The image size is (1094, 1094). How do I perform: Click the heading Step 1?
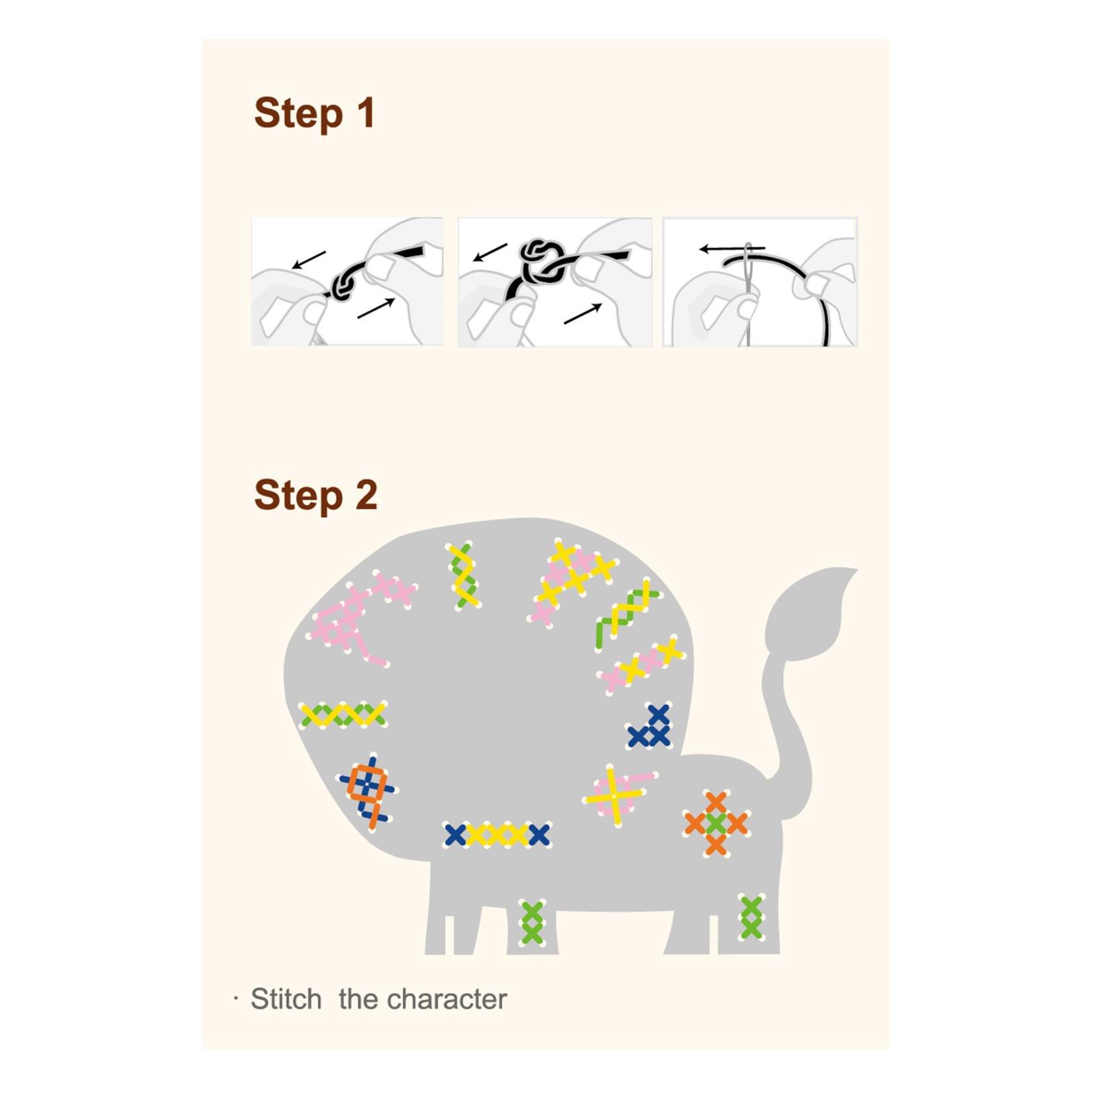tap(315, 113)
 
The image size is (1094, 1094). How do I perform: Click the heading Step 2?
tap(315, 495)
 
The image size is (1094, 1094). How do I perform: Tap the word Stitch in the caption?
tap(286, 999)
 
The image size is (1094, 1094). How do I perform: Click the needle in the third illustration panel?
tap(747, 294)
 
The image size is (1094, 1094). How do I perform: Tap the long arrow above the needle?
tap(732, 249)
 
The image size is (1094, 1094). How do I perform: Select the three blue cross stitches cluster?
tap(650, 727)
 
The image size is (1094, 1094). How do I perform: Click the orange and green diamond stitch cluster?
tap(716, 823)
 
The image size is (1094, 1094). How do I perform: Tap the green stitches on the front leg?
tap(532, 923)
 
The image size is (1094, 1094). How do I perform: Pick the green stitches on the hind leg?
tap(751, 918)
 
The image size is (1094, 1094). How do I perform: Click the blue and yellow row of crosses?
tap(497, 835)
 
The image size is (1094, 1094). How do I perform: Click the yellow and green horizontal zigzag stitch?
tap(343, 715)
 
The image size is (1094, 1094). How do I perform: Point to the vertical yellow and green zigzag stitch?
tap(464, 575)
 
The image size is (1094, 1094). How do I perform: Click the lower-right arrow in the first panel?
tap(376, 308)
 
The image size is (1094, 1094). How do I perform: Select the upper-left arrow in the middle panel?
tap(490, 252)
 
